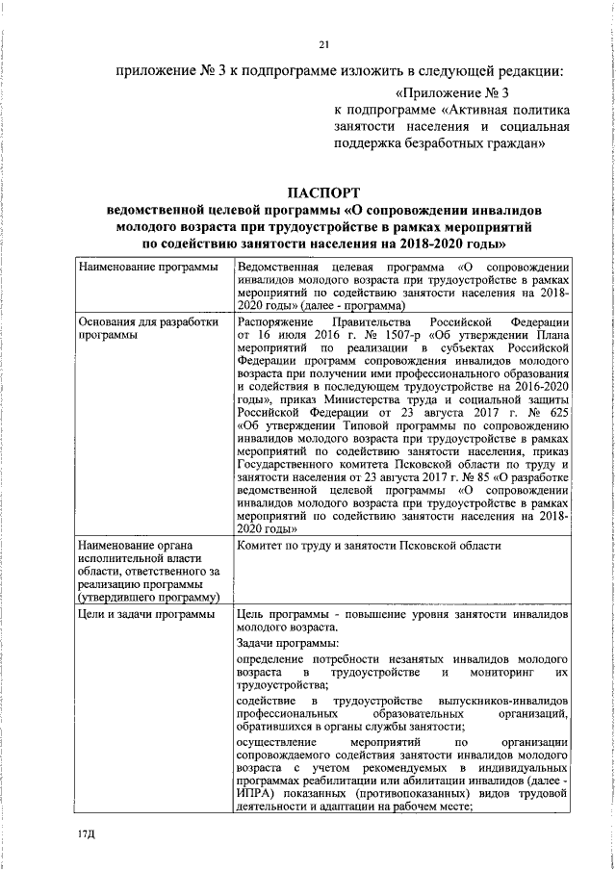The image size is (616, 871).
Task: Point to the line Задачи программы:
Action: click(286, 643)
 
